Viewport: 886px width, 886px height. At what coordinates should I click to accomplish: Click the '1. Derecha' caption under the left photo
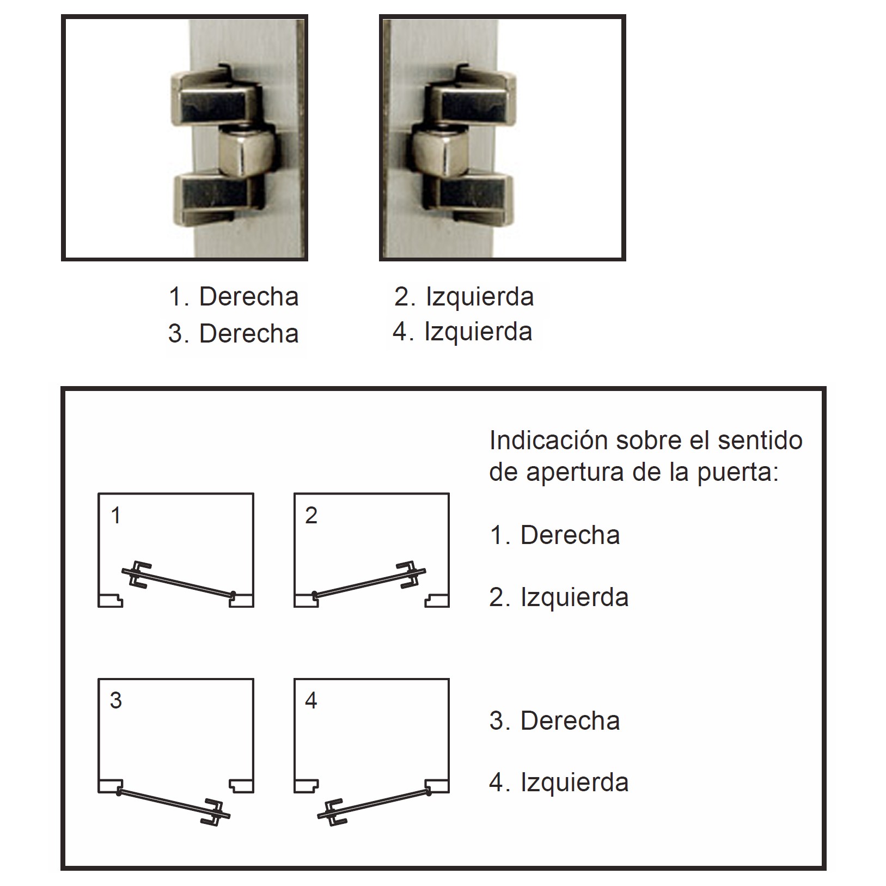point(234,297)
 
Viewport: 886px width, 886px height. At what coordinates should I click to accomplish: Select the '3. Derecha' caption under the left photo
point(234,333)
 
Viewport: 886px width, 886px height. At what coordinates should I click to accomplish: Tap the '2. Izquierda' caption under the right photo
point(464,297)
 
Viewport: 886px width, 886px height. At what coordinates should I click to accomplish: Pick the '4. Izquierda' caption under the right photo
point(462,332)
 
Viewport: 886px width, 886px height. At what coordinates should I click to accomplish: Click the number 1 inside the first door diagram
point(115,515)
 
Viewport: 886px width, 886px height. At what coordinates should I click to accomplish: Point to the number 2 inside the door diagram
point(311,515)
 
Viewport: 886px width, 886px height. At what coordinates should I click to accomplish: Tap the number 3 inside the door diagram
point(115,700)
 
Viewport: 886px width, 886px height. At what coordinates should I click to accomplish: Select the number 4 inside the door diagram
point(311,700)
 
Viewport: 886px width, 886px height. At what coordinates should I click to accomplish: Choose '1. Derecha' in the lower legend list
point(555,535)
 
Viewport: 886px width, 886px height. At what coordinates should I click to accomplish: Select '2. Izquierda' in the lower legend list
point(559,597)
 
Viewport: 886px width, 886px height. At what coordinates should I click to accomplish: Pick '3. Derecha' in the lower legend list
point(555,721)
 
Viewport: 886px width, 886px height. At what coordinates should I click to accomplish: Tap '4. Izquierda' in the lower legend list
point(559,783)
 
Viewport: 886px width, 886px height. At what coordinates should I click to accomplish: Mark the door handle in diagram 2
point(411,574)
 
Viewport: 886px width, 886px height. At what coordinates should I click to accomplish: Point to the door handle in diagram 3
point(216,814)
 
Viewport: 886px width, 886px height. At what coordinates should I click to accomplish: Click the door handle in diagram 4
point(332,814)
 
